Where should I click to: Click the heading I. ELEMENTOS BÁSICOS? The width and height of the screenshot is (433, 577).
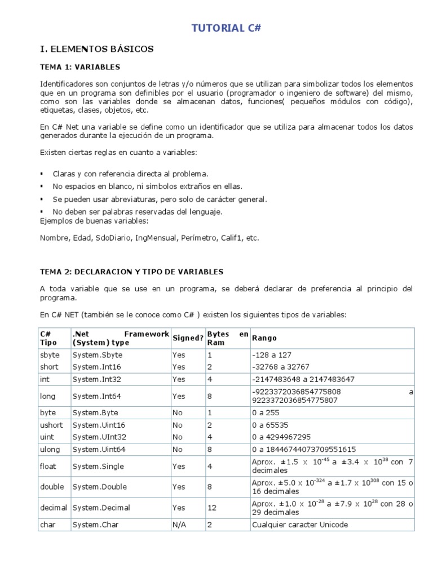point(96,50)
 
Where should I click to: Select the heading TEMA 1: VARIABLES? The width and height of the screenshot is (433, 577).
point(80,67)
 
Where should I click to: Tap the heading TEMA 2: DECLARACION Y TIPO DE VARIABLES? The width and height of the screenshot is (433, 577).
point(131,272)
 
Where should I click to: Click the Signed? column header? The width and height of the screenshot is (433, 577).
point(187,338)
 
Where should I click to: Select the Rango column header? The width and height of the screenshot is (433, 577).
point(264,338)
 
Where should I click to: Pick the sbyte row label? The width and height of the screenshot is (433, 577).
point(49,355)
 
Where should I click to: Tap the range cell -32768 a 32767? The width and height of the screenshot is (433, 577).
point(279,367)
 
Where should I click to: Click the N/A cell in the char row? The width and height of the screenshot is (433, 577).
point(179,525)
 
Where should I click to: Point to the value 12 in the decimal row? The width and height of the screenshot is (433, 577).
point(212,508)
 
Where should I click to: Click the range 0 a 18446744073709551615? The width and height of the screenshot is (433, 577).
point(304,450)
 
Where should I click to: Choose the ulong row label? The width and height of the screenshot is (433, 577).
point(49,450)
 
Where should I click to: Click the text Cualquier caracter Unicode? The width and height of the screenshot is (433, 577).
point(300,525)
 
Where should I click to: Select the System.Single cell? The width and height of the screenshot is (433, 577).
point(98,467)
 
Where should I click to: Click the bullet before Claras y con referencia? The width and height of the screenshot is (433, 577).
point(42,174)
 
